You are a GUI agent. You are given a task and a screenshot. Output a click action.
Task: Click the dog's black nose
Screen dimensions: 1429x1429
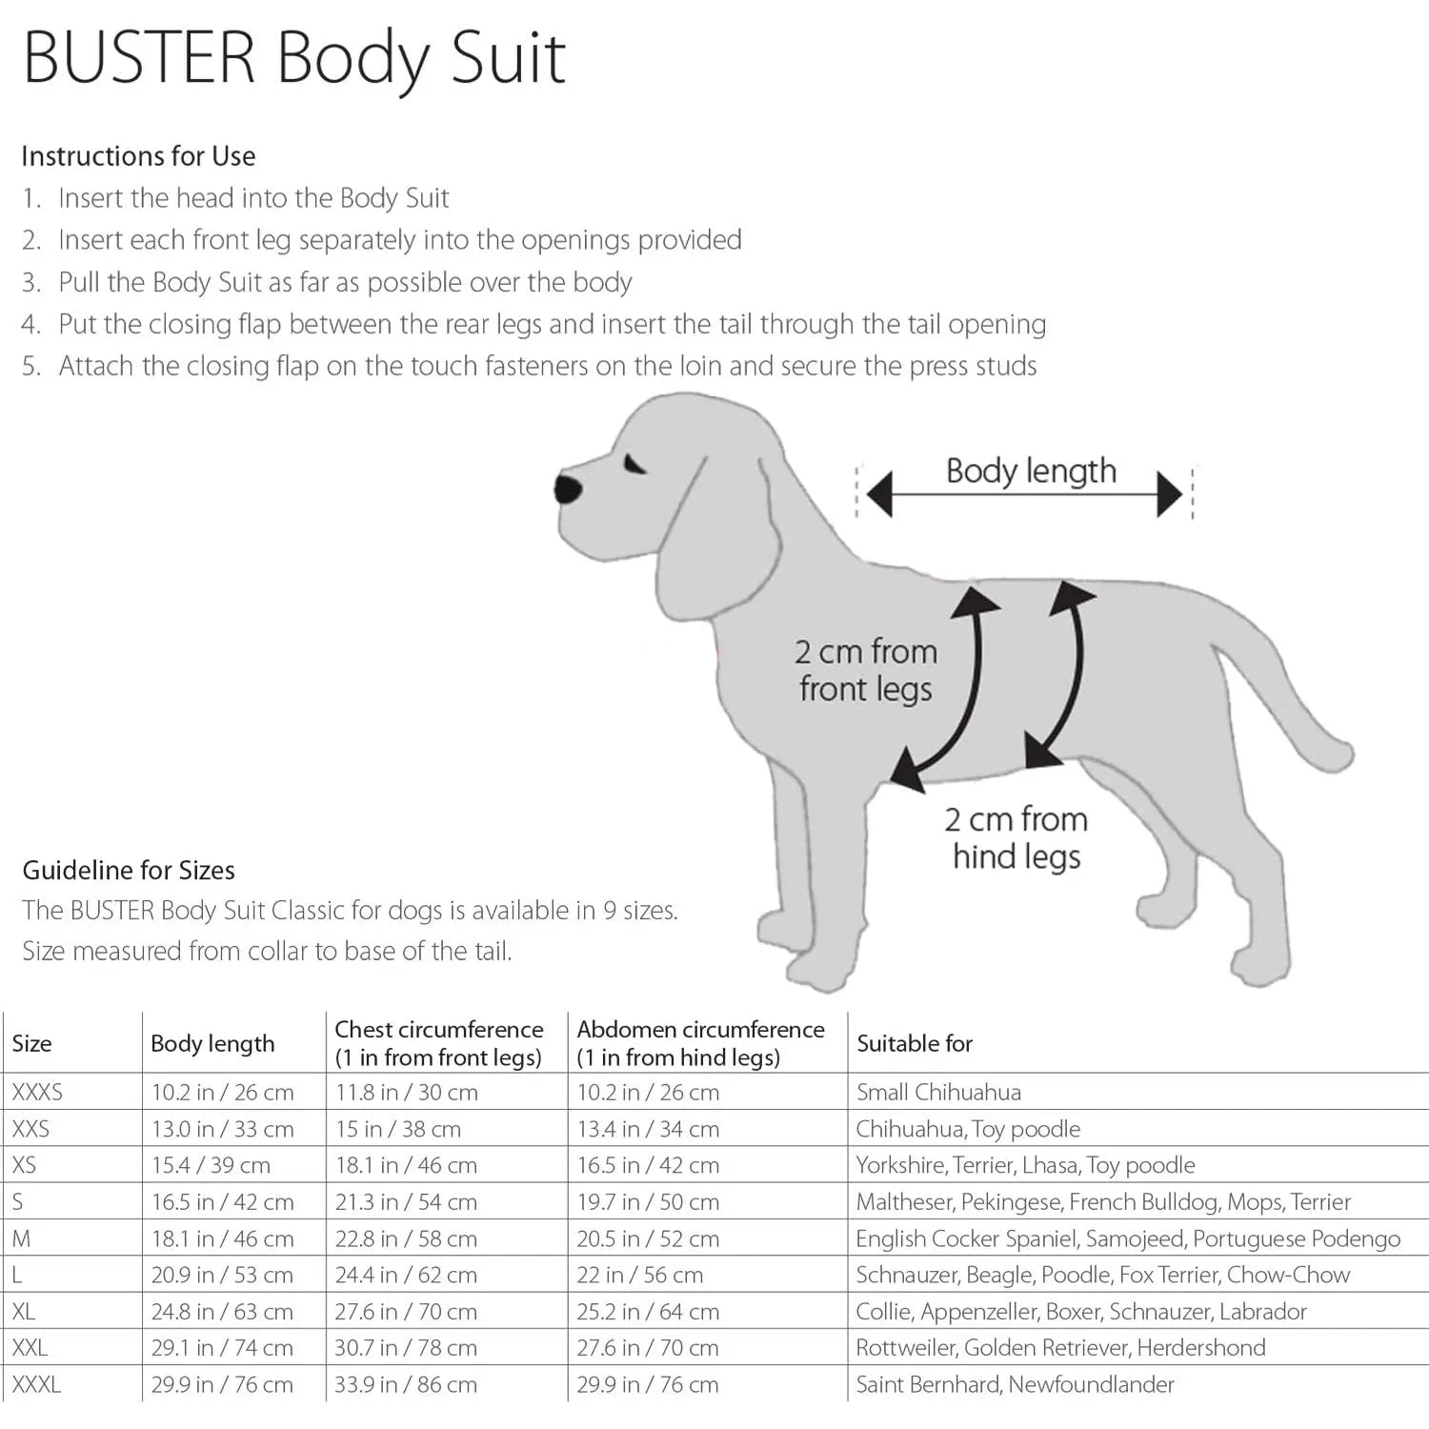point(569,490)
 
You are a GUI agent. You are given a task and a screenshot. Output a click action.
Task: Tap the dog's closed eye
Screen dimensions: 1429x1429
point(634,465)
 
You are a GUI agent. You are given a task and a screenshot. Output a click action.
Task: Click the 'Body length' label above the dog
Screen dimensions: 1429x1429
point(1031,472)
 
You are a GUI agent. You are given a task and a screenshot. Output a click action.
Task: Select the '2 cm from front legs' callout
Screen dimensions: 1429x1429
point(866,670)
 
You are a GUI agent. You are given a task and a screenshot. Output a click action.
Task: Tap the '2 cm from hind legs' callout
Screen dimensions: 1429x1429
point(1016,837)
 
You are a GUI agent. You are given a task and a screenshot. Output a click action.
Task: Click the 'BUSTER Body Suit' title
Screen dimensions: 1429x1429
point(294,59)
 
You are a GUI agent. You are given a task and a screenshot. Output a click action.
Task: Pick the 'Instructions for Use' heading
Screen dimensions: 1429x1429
point(138,156)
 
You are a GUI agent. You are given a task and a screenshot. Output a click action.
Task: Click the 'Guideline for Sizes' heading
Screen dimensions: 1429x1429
point(129,870)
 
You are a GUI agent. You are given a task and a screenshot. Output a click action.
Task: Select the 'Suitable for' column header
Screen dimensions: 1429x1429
point(915,1044)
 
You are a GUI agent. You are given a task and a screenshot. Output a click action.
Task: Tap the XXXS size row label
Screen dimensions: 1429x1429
point(37,1092)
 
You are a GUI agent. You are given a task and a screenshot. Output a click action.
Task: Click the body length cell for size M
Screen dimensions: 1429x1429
point(222,1238)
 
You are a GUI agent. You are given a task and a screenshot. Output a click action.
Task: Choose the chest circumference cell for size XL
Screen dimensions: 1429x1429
point(406,1312)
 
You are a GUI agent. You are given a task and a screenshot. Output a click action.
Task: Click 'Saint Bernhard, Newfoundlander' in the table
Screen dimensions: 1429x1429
point(1015,1384)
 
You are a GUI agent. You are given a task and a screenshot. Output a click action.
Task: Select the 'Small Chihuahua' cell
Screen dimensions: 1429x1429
point(938,1092)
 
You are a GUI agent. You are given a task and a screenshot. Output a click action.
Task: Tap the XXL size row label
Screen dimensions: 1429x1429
point(30,1348)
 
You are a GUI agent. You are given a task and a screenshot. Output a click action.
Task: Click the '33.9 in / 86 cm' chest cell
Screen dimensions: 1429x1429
point(406,1384)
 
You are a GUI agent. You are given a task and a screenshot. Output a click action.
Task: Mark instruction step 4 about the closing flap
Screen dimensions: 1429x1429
point(552,325)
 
